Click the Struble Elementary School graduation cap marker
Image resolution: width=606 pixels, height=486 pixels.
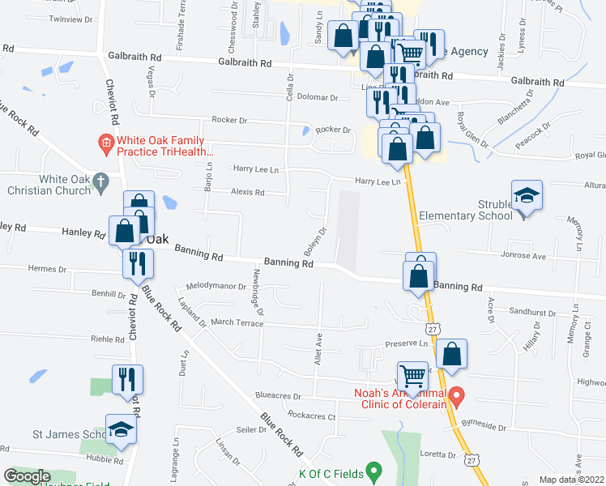pos(527,196)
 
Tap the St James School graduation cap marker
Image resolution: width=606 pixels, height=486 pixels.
pos(121,430)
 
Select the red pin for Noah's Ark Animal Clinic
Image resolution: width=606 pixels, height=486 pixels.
pos(456,397)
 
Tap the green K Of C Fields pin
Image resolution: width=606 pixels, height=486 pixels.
pos(373,469)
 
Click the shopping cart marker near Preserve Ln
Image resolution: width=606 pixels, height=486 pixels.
pos(414,376)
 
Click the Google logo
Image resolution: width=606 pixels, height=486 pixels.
pos(28,475)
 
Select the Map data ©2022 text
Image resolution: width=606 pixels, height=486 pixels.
pos(572,480)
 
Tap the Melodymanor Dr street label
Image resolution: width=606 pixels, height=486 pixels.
pos(216,286)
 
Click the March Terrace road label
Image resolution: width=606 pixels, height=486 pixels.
pos(237,322)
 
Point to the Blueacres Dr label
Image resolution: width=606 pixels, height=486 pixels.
pos(278,397)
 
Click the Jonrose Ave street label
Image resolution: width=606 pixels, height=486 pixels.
pos(526,255)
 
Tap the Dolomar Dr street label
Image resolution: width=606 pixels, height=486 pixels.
pos(317,97)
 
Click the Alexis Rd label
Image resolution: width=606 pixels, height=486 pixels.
pos(248,192)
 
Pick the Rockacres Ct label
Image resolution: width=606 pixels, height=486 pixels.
pos(311,416)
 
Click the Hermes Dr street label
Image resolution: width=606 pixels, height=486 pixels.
pos(46,269)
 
